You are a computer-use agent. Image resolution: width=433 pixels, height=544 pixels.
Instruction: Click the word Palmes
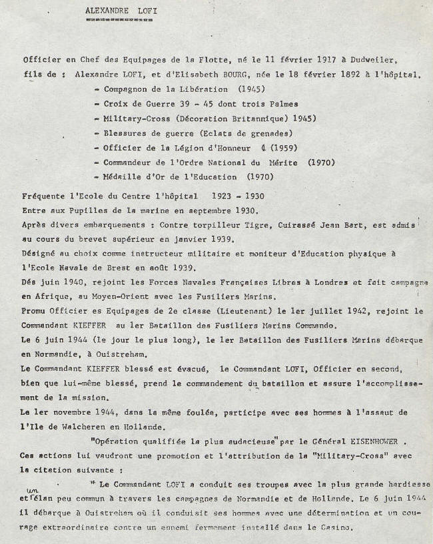point(282,104)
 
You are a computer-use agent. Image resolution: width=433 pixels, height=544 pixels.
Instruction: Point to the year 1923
point(222,198)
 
